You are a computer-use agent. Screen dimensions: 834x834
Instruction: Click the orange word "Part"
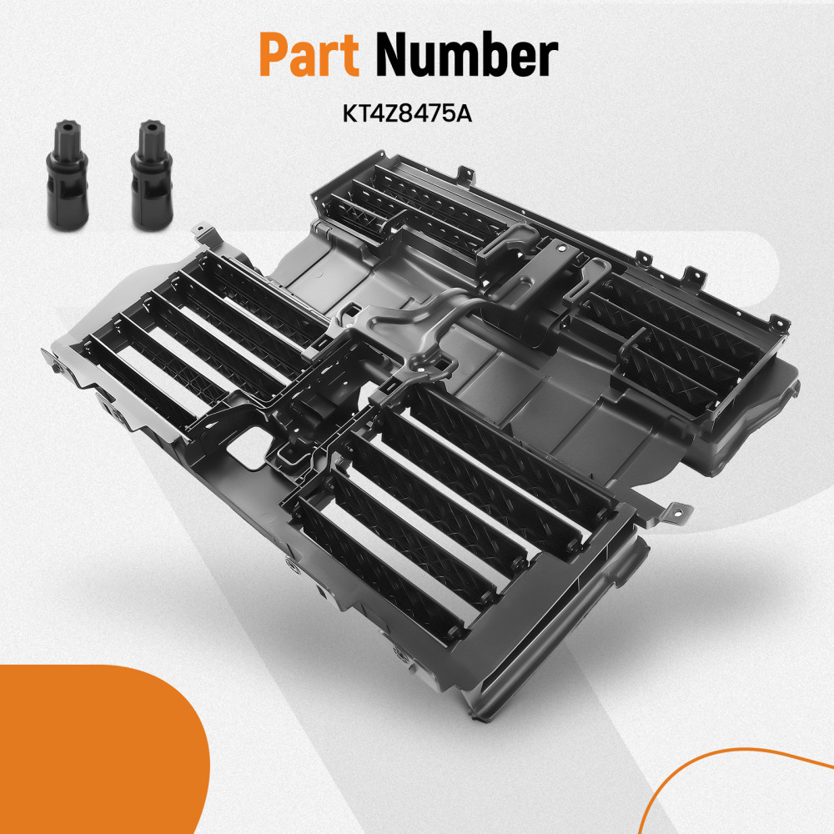(309, 58)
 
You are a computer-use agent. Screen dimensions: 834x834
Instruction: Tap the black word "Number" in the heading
(465, 58)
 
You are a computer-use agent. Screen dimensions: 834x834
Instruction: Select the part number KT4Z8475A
(406, 112)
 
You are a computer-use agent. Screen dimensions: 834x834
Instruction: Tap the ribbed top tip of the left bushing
(63, 134)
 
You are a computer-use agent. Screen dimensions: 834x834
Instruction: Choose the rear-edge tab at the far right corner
(778, 322)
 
